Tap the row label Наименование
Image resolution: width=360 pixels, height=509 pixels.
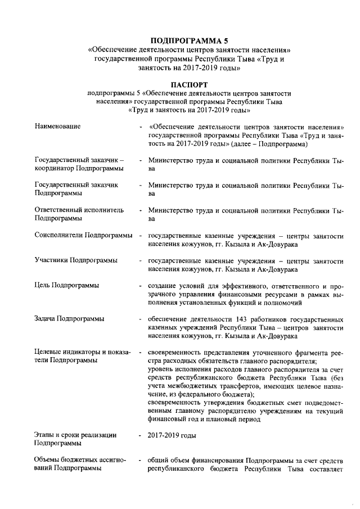(x=57, y=127)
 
